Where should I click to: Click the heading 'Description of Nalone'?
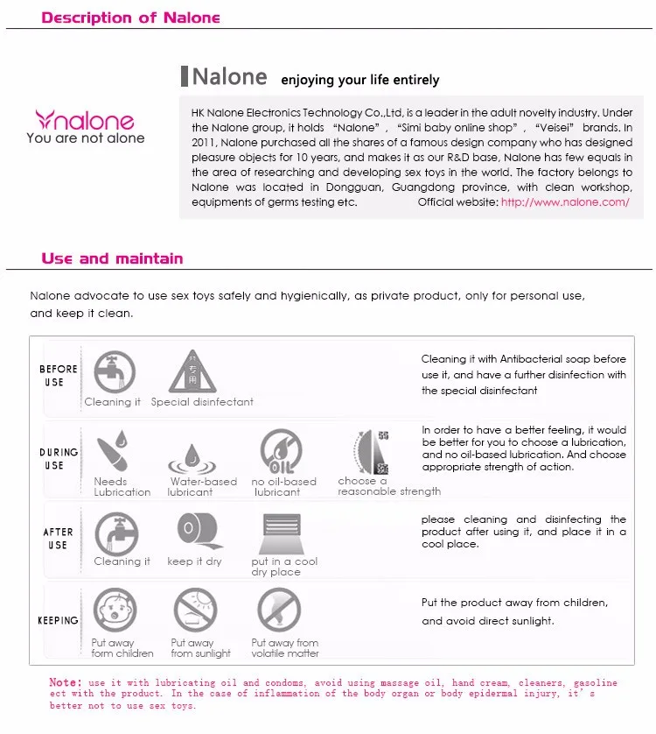point(131,18)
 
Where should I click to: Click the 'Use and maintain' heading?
point(112,258)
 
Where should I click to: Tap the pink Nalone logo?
point(85,119)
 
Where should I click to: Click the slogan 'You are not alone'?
point(86,138)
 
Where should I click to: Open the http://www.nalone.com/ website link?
point(565,201)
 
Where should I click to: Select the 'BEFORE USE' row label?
point(59,376)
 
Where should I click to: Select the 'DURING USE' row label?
point(59,459)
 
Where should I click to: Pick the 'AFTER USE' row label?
point(59,538)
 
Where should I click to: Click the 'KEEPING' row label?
point(59,620)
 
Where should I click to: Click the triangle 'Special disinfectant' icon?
point(192,371)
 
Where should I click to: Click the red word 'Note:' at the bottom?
point(65,682)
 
